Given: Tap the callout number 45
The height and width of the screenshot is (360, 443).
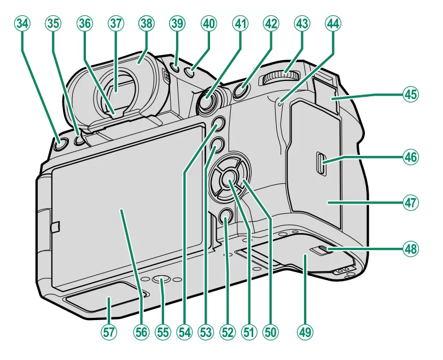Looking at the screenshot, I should point(410,94).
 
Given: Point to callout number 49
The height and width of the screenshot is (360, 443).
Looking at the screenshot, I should point(305,331).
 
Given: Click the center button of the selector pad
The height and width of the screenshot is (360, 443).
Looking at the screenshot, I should point(229,176).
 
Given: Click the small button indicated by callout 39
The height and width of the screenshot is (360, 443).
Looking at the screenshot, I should point(174,68).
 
